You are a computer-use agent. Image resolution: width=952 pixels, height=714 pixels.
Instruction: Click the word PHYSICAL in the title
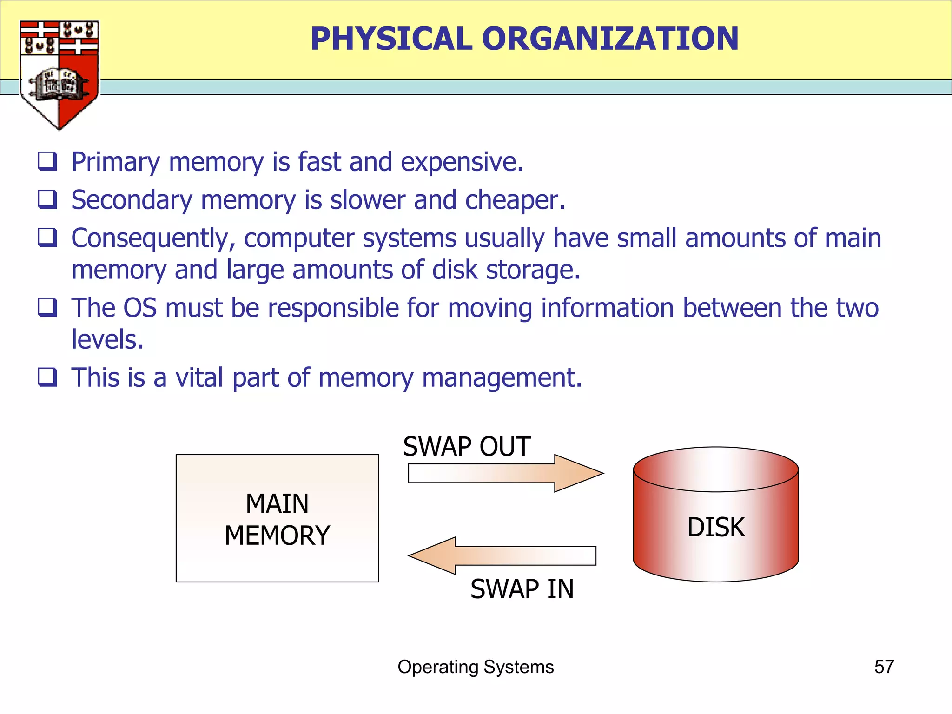[391, 39]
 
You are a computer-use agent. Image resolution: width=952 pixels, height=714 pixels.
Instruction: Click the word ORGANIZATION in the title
[610, 39]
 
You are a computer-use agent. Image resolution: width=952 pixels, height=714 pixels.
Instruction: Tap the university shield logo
[59, 74]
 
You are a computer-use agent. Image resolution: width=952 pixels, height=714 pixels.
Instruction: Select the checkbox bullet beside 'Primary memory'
[47, 161]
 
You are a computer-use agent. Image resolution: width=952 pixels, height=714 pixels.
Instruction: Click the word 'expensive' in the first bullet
[462, 162]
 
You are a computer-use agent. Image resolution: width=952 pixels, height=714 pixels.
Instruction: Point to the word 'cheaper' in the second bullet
[515, 200]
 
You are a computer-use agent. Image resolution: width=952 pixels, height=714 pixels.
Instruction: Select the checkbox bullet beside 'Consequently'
[47, 238]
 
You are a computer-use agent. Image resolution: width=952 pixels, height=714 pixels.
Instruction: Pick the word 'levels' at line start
[107, 339]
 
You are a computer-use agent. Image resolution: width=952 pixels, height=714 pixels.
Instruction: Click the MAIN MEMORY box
[277, 518]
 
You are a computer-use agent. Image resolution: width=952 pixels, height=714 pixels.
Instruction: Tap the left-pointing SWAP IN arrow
[502, 555]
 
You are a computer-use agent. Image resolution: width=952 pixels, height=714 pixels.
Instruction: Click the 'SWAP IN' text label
[522, 589]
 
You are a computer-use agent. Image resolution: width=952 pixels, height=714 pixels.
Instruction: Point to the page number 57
[884, 667]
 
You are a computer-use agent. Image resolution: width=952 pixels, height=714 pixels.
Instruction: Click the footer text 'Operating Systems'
[476, 667]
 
